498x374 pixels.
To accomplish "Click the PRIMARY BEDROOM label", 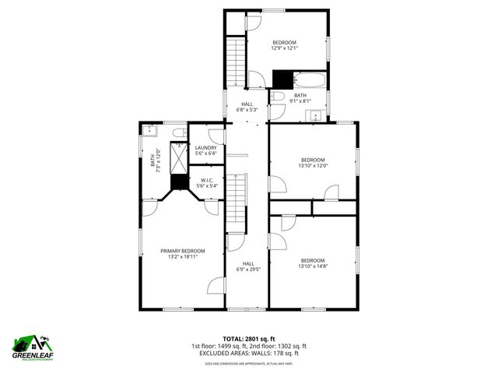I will click(183, 250).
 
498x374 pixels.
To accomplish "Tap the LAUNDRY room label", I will click(206, 148).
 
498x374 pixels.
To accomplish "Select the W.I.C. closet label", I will click(206, 180).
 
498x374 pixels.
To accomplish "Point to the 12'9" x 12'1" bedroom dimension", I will click(285, 48).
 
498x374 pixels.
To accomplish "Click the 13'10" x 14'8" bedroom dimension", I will click(313, 266).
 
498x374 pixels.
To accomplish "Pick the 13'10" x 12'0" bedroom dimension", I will click(313, 165).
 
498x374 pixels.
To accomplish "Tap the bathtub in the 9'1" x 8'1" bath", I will click(310, 79).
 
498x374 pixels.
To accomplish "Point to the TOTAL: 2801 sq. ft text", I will click(249, 339).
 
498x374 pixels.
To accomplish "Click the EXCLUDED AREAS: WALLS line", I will click(249, 353).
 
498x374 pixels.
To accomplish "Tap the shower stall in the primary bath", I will click(180, 158).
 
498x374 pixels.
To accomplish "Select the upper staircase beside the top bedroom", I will click(235, 62).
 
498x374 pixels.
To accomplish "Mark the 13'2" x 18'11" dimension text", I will click(183, 257).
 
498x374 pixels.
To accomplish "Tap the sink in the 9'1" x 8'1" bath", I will click(316, 115).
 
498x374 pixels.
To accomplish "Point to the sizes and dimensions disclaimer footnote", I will click(249, 363).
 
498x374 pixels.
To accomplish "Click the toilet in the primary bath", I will click(178, 132).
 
